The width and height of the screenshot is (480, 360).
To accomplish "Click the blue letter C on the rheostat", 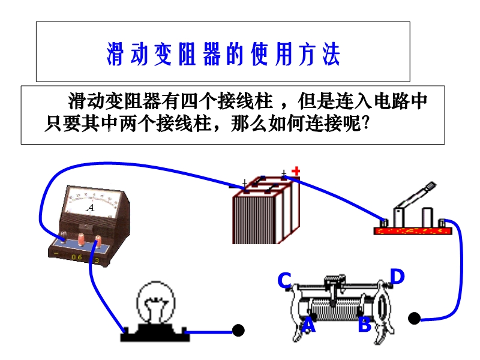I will [x=284, y=280].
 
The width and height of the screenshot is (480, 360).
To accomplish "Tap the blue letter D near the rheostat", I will [x=397, y=277].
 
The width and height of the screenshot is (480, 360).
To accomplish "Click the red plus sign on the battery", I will [x=295, y=172].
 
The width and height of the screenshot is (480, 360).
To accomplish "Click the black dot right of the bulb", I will [x=238, y=331].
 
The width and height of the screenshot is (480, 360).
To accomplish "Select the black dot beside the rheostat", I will [x=414, y=318].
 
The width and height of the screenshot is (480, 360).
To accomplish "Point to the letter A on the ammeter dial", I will [x=91, y=208].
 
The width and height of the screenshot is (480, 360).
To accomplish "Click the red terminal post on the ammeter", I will [x=97, y=241].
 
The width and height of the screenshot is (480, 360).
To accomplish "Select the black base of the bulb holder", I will [x=152, y=333].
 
